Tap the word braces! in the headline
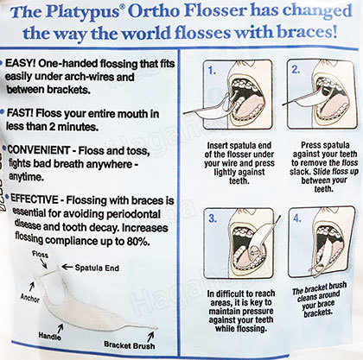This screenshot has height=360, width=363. click(x=307, y=33)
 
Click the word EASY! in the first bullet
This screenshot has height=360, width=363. click(x=20, y=63)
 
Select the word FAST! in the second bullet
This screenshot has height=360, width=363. click(x=20, y=112)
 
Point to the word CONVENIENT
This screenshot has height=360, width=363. click(x=39, y=150)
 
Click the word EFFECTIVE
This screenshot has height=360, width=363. click(x=35, y=199)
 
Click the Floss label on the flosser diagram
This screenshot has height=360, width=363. click(x=40, y=254)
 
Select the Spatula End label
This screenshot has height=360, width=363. click(x=97, y=268)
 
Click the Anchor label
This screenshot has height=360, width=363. click(x=30, y=299)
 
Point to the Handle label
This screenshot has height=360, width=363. click(x=49, y=336)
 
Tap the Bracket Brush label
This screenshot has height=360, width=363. click(x=130, y=344)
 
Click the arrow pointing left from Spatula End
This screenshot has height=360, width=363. click(x=67, y=268)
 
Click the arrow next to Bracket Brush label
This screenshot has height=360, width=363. click(x=150, y=336)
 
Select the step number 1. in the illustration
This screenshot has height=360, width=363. click(x=213, y=71)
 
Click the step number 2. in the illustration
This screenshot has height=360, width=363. click(x=296, y=70)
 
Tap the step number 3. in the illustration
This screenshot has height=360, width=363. click(x=213, y=218)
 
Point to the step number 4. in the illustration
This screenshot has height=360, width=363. click(x=297, y=218)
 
